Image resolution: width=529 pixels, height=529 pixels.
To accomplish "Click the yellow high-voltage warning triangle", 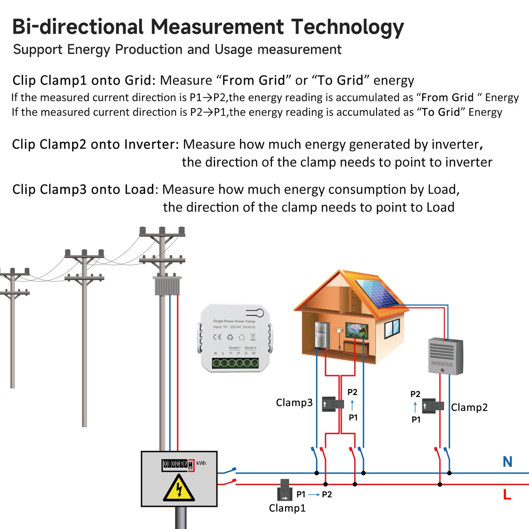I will tap(179, 489).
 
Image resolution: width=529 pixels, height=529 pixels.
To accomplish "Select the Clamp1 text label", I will tap(287, 508).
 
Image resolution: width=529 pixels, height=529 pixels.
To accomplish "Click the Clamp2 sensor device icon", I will tap(433, 406).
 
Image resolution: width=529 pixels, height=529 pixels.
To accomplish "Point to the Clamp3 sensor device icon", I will tap(333, 404).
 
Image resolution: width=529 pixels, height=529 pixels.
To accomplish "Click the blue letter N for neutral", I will tap(507, 462).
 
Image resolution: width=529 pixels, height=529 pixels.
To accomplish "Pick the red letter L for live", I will tap(507, 495).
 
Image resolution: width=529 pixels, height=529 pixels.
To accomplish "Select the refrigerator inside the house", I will tap(322, 335).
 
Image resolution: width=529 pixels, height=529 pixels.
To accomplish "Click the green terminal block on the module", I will tap(235, 363).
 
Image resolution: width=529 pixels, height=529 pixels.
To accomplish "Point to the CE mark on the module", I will tap(217, 337).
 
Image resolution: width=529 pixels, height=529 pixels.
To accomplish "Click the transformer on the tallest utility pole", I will tap(167, 286).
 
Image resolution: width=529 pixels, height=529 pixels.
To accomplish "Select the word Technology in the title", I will tap(347, 27).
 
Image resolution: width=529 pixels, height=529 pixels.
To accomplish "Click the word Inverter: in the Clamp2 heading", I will tap(151, 144).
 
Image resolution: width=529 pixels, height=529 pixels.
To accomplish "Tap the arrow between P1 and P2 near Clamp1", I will tap(314, 495).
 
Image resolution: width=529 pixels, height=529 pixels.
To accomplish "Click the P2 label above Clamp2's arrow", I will tap(415, 394).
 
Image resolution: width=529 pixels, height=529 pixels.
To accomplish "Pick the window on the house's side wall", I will tap(392, 328).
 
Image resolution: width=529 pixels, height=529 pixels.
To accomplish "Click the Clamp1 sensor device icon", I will tap(284, 490).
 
